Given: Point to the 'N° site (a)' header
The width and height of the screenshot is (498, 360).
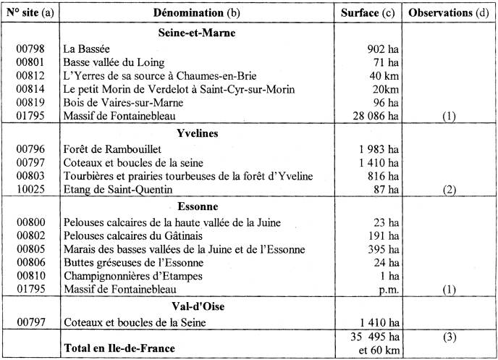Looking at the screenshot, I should pyautogui.click(x=31, y=14).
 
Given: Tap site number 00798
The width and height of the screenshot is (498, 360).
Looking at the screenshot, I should pyautogui.click(x=31, y=49).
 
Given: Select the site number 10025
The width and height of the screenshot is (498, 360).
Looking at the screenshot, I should pyautogui.click(x=31, y=189).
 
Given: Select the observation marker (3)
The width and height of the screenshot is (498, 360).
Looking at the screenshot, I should pyautogui.click(x=449, y=337).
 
